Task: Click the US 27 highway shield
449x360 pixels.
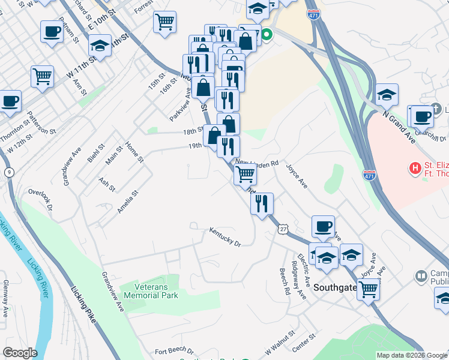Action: pos(283,229)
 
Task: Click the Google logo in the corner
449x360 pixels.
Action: pos(20,353)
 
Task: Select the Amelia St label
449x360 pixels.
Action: pos(128,202)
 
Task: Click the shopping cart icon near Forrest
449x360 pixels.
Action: pos(164,23)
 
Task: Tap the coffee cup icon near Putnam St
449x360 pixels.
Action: pos(52,31)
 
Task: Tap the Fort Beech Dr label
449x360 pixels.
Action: pos(174,351)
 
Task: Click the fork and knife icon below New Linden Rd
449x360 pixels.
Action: pos(262,203)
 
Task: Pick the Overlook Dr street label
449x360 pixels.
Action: pos(41,200)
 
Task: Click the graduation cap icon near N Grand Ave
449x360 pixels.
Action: pos(387,94)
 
